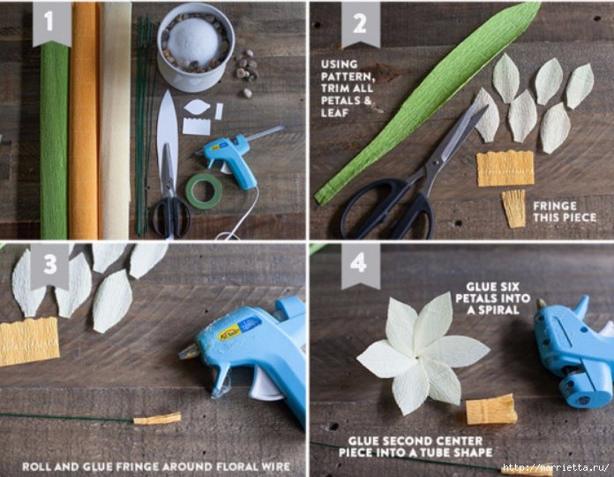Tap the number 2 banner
click(361, 24)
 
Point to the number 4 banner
click(361, 266)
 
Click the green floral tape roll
click(204, 192)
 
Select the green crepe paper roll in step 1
click(54, 141)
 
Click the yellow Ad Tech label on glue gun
click(228, 334)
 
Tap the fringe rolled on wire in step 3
click(157, 419)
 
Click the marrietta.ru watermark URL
click(555, 467)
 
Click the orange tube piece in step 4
click(491, 409)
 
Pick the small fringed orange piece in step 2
click(513, 208)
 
